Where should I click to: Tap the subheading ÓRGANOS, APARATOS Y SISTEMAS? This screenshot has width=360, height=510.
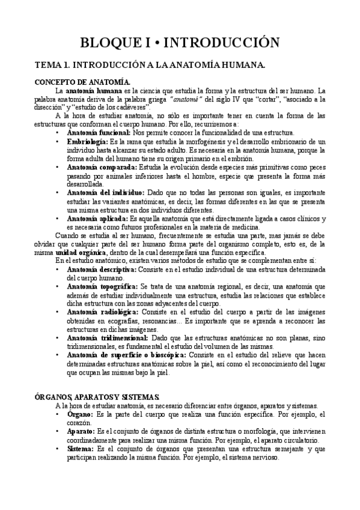[97, 398]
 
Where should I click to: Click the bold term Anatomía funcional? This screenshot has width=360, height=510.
[99, 132]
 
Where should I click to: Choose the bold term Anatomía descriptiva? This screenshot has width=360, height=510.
[102, 270]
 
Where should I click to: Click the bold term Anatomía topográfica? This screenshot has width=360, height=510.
[103, 287]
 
